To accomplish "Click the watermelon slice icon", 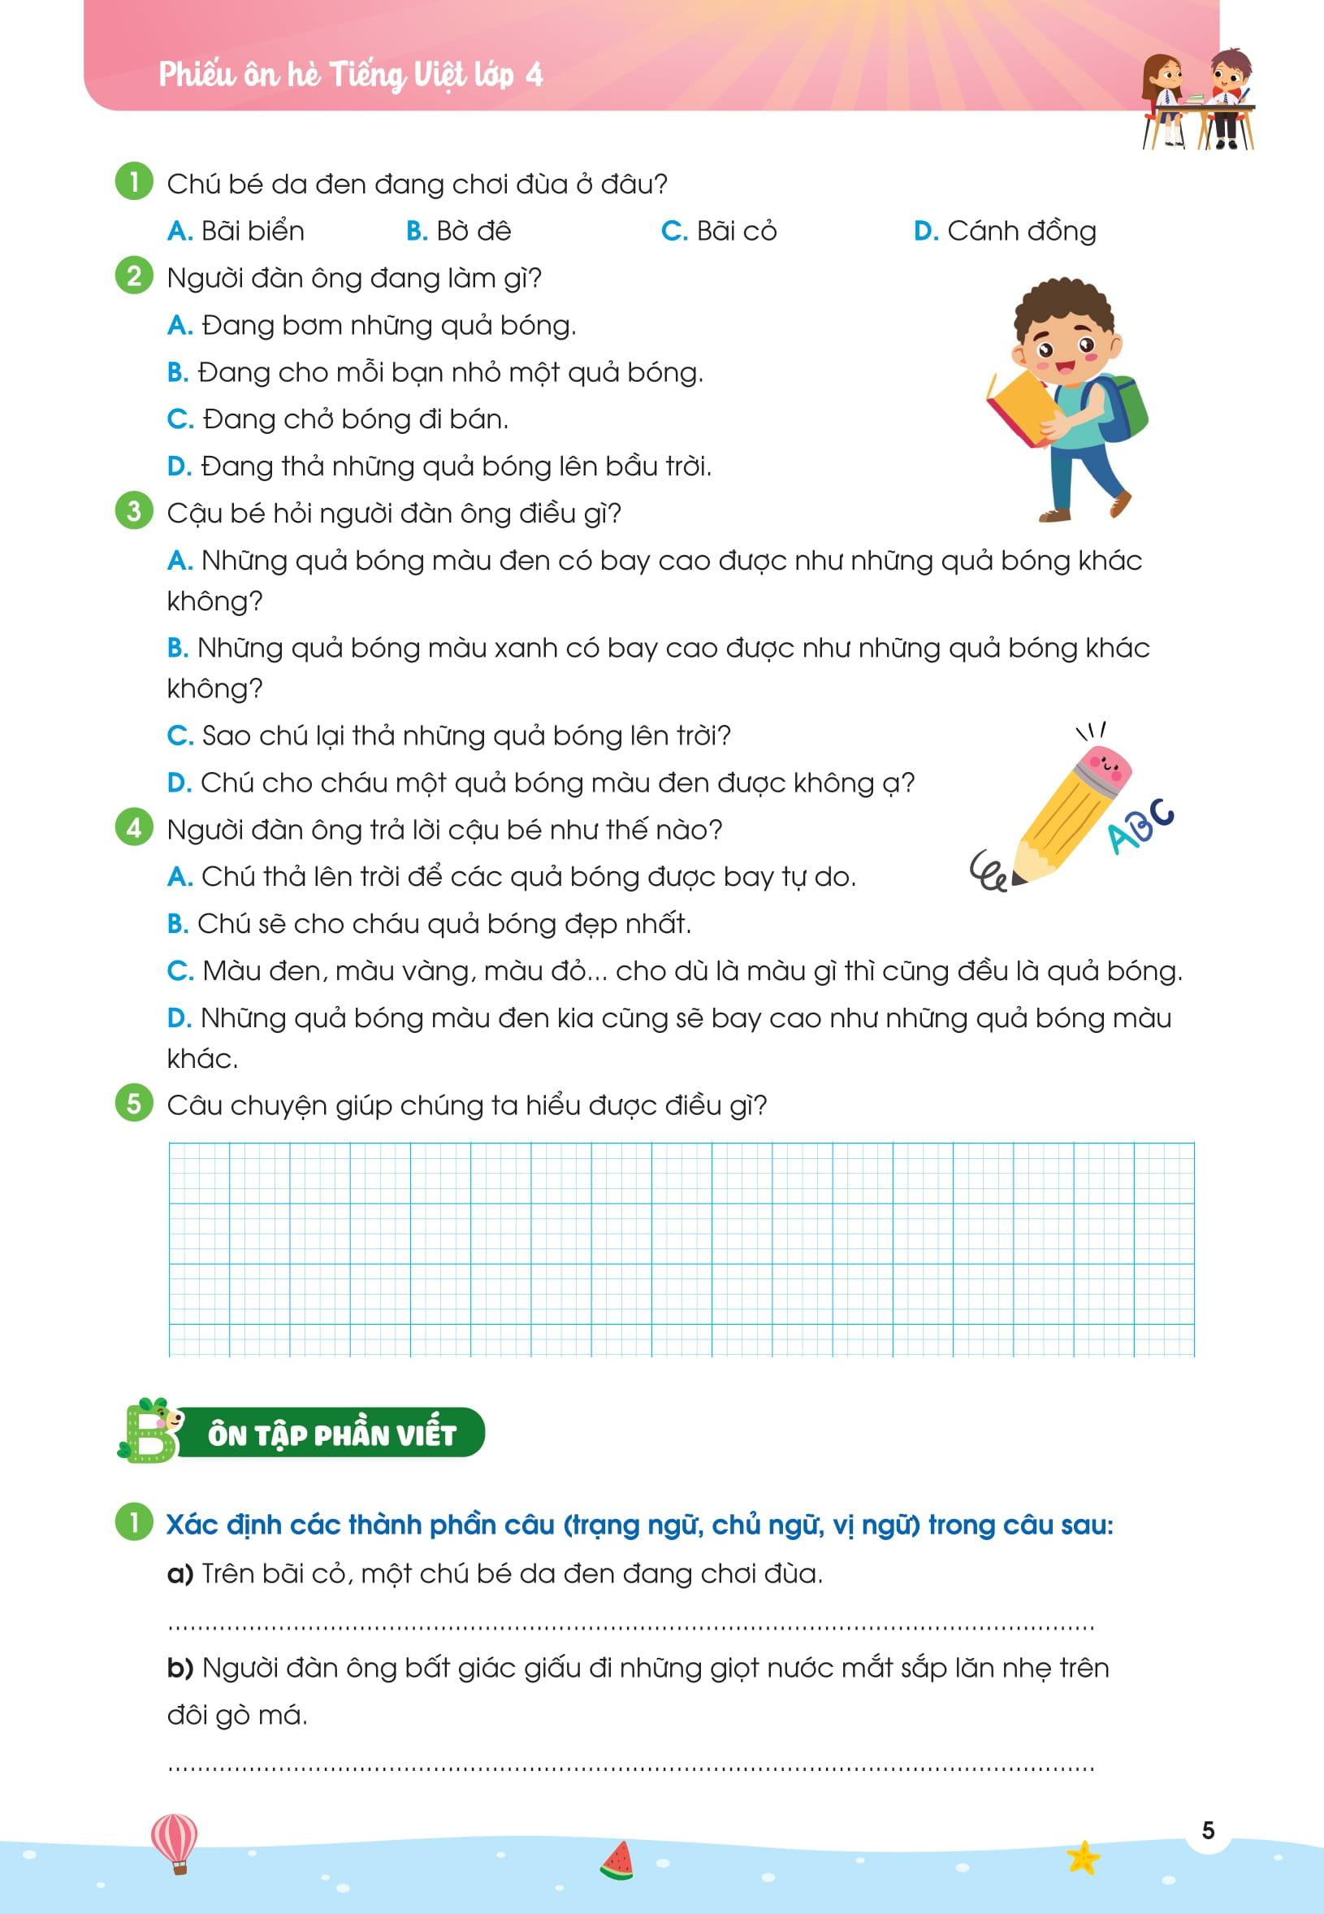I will click(x=617, y=1861).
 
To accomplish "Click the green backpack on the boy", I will click(x=1123, y=406).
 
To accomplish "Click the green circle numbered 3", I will click(x=134, y=511).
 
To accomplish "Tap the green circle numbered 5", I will click(x=134, y=1103).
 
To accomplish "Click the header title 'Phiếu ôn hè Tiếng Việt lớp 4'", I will click(x=350, y=76).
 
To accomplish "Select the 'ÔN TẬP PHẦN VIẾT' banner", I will click(x=332, y=1434).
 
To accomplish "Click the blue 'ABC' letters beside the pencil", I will click(x=1141, y=825).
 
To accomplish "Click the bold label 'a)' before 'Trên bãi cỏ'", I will click(x=180, y=1573).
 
